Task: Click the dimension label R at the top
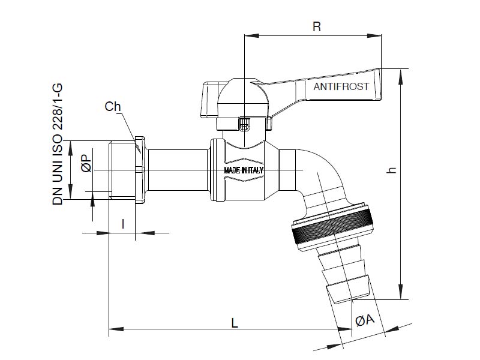tap(317, 26)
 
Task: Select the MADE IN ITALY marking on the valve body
tap(244, 170)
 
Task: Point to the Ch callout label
tap(113, 107)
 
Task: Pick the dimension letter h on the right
tap(392, 170)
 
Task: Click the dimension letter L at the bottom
tap(235, 322)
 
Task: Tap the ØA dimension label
tap(365, 321)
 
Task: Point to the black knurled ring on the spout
tap(331, 227)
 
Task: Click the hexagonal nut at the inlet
tap(140, 170)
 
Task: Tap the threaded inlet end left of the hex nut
tap(122, 170)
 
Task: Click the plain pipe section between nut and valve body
tap(178, 170)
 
